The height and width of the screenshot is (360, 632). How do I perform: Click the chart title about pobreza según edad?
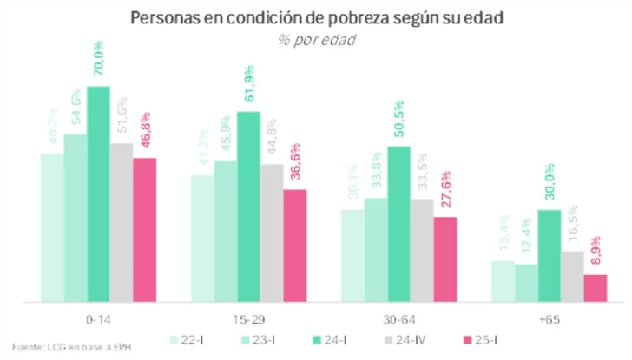316,18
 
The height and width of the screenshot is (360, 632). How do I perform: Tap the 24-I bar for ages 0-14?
98,194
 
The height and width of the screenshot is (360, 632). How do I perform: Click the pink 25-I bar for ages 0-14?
144,230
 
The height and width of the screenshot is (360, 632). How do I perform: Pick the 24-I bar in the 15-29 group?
248,206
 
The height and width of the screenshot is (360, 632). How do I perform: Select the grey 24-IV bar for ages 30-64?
422,250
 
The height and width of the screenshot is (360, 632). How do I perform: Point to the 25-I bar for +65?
595,288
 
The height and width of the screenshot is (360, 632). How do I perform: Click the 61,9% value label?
248,86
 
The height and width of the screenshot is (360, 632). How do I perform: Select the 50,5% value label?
398,122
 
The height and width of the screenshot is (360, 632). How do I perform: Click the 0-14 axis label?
98,319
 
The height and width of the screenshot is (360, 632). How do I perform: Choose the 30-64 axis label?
398,319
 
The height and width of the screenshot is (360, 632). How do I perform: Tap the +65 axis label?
549,319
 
